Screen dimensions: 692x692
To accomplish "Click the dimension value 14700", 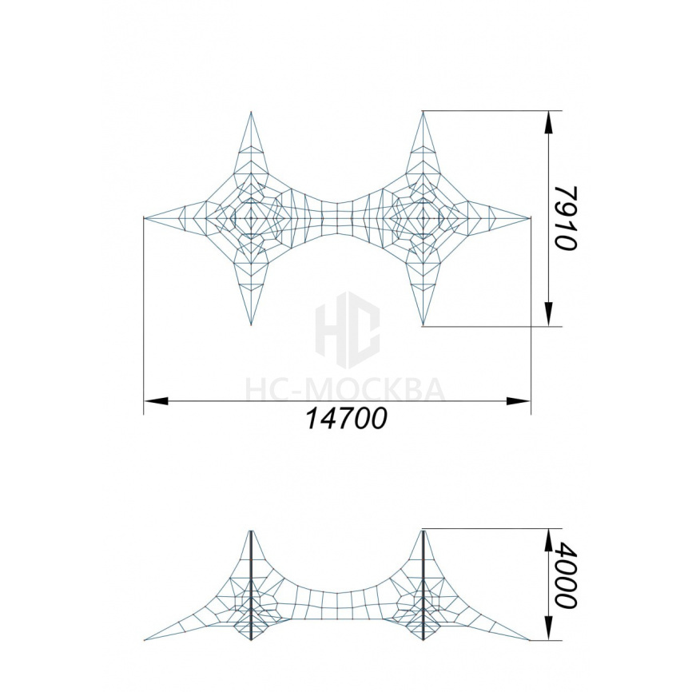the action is point(346,419).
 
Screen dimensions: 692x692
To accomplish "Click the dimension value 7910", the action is point(565,218).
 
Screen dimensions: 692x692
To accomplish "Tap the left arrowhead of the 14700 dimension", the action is point(156,400).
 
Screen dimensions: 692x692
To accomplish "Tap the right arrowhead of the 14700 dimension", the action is point(518,400).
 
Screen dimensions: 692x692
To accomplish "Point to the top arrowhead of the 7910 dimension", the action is point(548,121).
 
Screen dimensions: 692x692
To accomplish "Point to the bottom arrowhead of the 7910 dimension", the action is point(548,315).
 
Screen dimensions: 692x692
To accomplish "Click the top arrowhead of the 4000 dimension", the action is point(548,540).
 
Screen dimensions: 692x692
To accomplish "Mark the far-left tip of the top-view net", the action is point(145,218).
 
